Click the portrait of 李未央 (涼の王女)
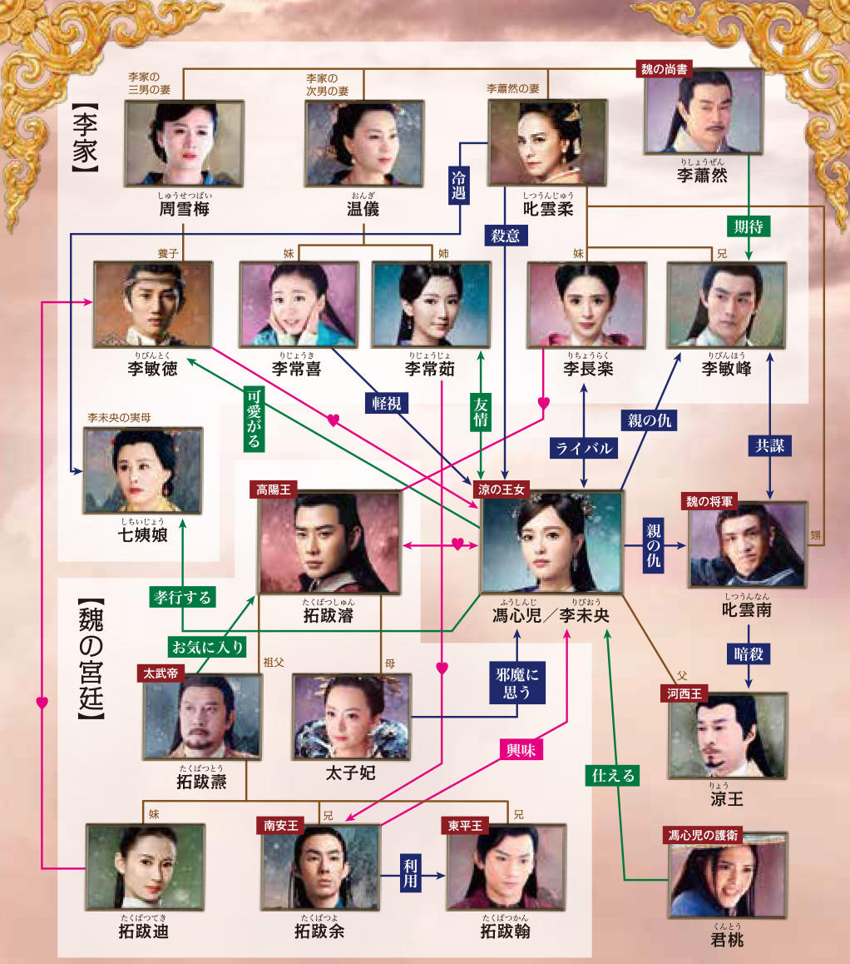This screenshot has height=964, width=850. tap(551, 544)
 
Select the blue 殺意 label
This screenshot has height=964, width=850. tap(507, 236)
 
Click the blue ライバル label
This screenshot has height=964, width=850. tap(584, 448)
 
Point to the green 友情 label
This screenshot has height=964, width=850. tap(482, 411)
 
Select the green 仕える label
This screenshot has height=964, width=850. tap(613, 776)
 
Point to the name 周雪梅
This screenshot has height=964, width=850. tap(184, 209)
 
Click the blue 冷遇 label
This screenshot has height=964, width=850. tap(458, 184)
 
